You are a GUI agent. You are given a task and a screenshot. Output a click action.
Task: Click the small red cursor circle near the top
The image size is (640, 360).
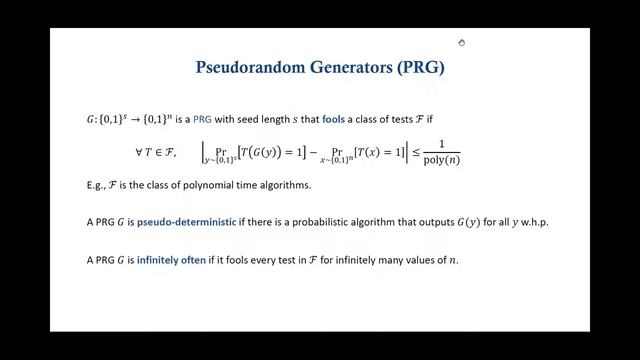[461, 42]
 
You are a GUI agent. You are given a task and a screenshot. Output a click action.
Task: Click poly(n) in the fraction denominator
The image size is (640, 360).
[440, 160]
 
